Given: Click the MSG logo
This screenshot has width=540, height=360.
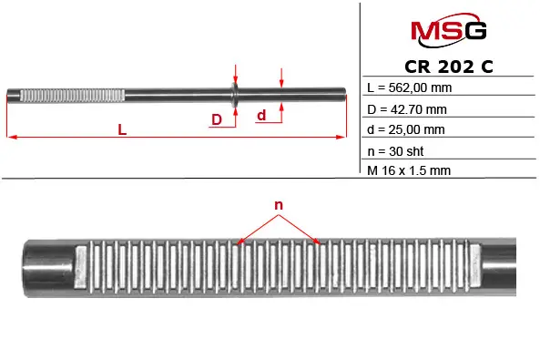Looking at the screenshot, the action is click(x=448, y=30).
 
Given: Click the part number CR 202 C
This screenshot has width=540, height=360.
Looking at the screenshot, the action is click(x=449, y=67).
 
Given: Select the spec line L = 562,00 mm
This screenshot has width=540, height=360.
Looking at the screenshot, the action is click(x=410, y=87).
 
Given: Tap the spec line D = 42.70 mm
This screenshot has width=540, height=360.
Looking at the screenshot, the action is click(x=407, y=109).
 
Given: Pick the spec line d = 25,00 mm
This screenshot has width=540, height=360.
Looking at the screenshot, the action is click(x=406, y=129).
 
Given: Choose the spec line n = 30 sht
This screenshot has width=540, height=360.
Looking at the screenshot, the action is click(x=395, y=151).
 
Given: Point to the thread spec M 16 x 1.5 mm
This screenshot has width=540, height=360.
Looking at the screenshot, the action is click(x=409, y=170).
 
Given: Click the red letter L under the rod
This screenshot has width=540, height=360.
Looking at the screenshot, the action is click(x=122, y=129).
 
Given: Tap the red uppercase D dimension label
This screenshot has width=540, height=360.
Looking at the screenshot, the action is click(x=217, y=119).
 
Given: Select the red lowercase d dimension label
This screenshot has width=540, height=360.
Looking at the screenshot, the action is click(x=261, y=115).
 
